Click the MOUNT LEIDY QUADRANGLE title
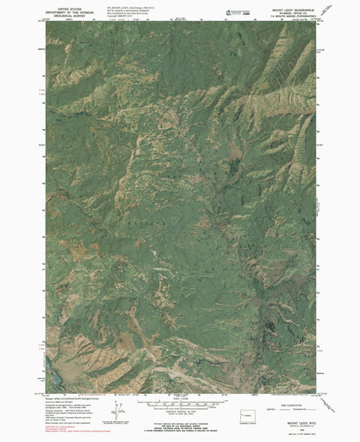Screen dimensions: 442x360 (287, 5)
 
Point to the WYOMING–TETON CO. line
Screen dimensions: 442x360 (287, 8)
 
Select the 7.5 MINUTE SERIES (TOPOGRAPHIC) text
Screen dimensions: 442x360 (287, 12)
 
